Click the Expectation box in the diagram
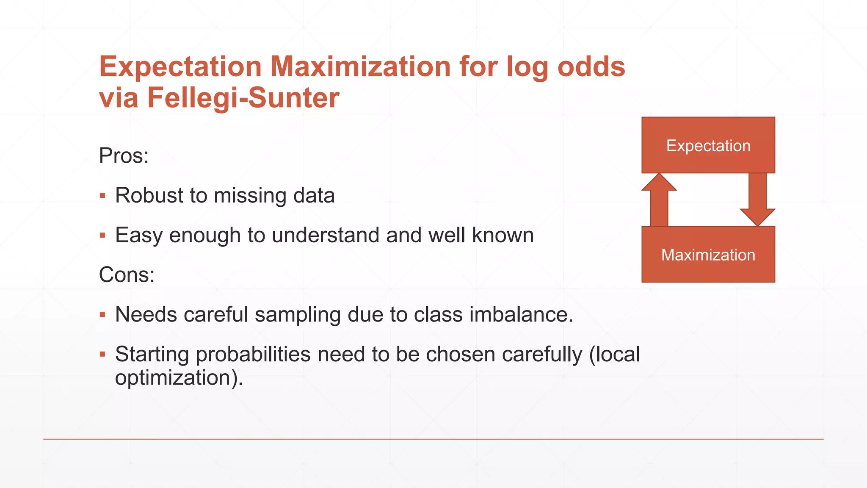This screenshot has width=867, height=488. point(708,145)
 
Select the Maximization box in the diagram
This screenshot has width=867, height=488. point(708,255)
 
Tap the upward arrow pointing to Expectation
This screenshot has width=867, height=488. point(659,200)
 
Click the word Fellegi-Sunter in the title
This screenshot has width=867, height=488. point(243,98)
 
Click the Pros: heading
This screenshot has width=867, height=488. point(124,155)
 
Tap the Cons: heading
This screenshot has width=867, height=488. point(127,274)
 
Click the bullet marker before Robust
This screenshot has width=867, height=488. point(102,196)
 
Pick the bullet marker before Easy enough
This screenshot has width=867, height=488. point(102,235)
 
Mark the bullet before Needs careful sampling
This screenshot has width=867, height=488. point(102,315)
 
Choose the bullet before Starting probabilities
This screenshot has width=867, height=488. point(102,354)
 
